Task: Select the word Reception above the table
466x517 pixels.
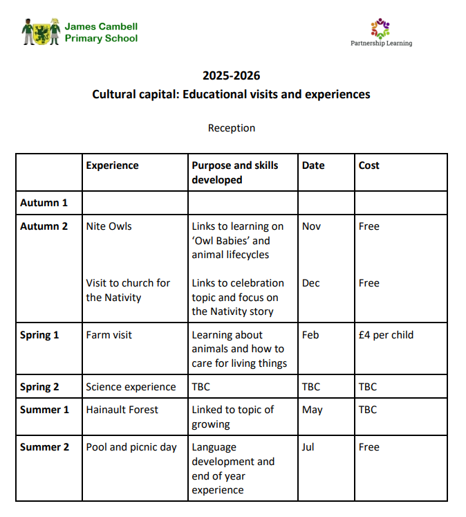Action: click(232, 128)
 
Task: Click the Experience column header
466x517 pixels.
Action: click(112, 165)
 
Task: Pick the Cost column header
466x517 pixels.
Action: click(369, 165)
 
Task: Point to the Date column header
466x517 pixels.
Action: click(313, 165)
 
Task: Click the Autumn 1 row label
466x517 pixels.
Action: click(44, 203)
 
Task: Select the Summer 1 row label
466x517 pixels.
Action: click(45, 410)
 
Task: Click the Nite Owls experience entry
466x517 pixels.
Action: click(109, 226)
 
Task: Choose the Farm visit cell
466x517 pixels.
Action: click(109, 335)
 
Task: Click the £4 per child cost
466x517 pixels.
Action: click(386, 335)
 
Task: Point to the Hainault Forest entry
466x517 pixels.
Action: click(122, 410)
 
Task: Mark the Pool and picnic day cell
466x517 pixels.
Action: click(131, 447)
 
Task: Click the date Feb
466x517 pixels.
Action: click(311, 335)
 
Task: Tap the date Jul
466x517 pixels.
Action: click(308, 447)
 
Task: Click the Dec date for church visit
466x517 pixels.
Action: click(311, 283)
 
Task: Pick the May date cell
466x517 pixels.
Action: click(313, 410)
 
